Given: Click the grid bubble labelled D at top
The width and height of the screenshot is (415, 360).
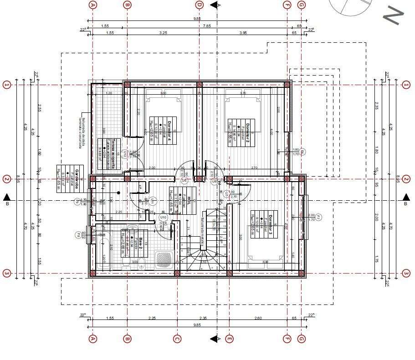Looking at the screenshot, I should click(x=199, y=5).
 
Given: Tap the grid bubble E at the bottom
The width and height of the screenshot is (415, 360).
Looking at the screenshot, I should click(x=230, y=339).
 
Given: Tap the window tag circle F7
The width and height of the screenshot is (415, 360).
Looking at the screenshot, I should click(x=318, y=217).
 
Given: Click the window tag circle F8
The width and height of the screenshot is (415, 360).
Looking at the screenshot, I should click(x=78, y=235).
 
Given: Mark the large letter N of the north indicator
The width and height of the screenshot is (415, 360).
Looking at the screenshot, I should click(x=393, y=15).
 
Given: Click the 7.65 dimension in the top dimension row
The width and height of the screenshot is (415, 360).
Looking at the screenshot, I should click(x=207, y=26).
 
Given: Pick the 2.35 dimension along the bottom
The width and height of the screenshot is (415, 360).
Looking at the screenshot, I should click(x=203, y=318).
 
